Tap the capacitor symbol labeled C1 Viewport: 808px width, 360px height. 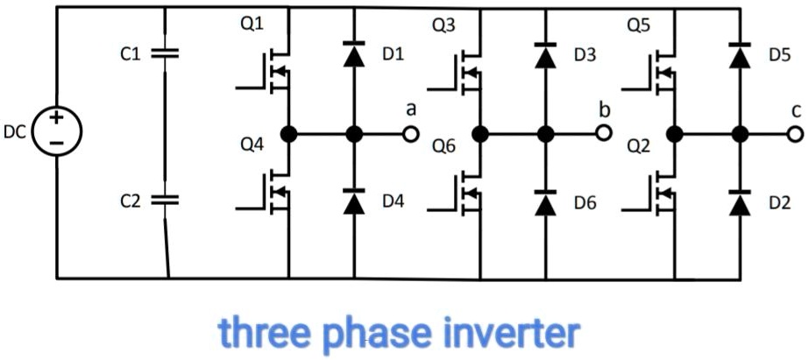166,53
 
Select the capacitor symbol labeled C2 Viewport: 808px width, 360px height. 166,201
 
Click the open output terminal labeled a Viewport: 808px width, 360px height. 410,134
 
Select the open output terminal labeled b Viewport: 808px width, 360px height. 603,134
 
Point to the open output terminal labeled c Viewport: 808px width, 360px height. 796,134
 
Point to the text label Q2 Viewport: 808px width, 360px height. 638,146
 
